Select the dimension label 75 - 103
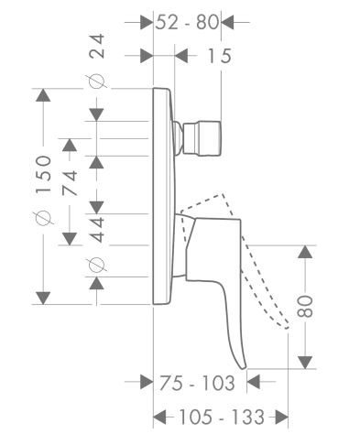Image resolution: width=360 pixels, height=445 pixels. tap(195, 382)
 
